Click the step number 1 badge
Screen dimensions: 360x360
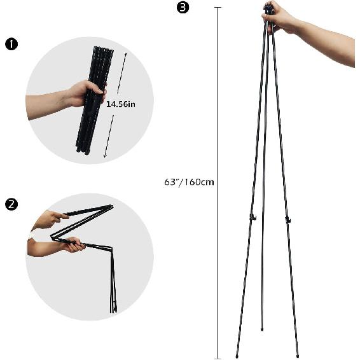[10, 45]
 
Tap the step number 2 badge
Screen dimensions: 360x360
[10, 204]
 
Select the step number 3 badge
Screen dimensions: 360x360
[184, 8]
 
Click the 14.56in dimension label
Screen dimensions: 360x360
[121, 104]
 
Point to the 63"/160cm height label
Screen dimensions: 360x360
[189, 182]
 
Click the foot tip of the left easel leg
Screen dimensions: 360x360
[237, 355]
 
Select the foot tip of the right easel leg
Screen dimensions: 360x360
[297, 355]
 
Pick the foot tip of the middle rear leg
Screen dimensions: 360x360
[263, 329]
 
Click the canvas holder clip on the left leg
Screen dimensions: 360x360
[253, 218]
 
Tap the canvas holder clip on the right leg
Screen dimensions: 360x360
[287, 220]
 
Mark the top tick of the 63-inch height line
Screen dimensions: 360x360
[218, 8]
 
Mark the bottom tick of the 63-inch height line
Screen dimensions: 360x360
[218, 358]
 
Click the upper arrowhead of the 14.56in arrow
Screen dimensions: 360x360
[126, 53]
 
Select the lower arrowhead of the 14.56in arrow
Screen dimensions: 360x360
[104, 156]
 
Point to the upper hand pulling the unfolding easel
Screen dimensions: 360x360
[48, 219]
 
